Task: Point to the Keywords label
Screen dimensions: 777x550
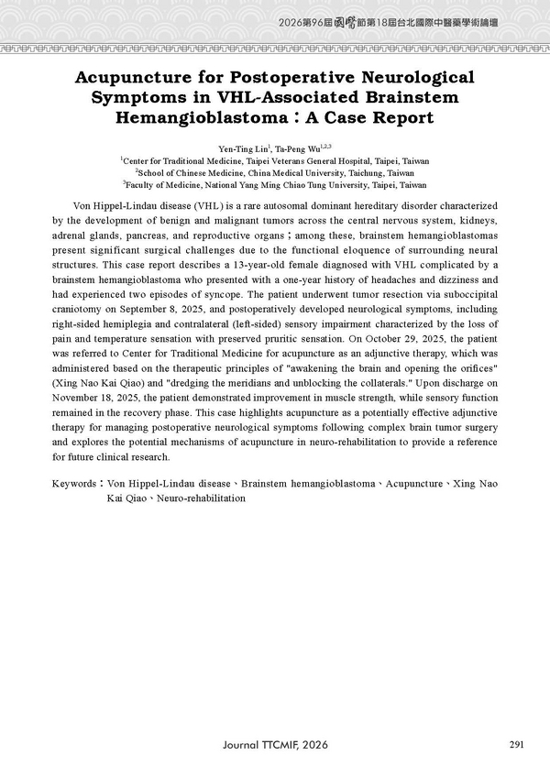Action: [x=75, y=482]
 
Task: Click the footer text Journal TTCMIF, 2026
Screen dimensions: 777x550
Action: [x=274, y=745]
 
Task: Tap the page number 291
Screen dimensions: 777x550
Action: [x=516, y=744]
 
